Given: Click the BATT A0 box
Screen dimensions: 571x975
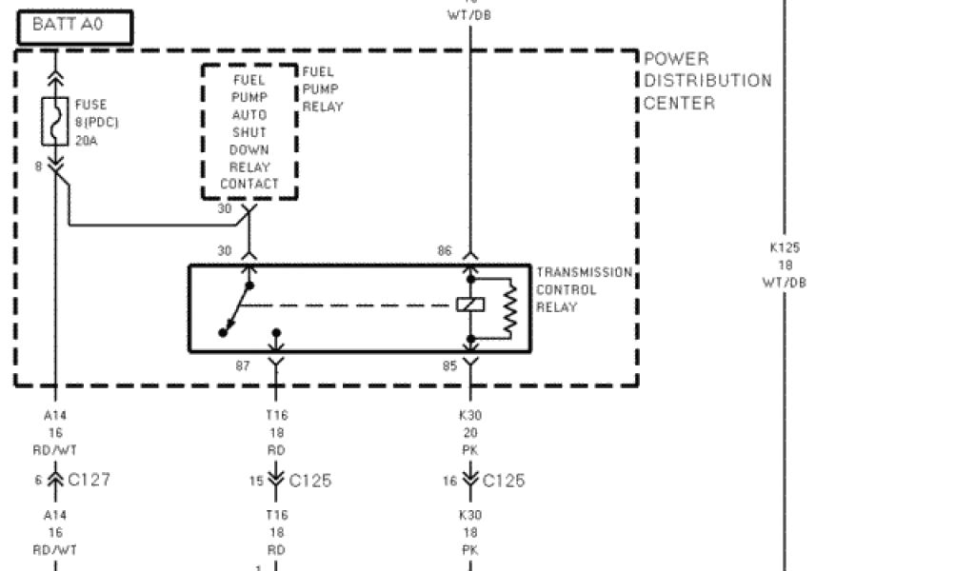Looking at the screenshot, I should point(74,27).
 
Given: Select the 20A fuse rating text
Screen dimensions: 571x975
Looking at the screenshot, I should point(87,141).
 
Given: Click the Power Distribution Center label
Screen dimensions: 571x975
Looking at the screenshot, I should point(706,81).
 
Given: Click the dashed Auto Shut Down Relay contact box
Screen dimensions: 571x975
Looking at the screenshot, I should point(249,131).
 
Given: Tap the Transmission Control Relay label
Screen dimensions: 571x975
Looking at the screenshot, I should point(583,289).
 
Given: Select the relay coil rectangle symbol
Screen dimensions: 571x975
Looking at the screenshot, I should point(469,305).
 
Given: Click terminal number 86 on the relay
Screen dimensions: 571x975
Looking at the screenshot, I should point(445,251).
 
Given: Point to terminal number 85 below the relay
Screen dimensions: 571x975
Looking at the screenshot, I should point(445,364).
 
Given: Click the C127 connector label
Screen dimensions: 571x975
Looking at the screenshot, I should point(89,480).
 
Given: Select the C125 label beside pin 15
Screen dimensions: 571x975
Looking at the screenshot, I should point(309,481).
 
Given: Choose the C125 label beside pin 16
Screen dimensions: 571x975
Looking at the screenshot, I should point(503,481).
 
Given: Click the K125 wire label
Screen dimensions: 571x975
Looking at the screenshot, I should point(785,247).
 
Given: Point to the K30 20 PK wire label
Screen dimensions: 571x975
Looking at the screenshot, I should point(470,432).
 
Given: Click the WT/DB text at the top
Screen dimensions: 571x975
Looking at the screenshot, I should point(469,15).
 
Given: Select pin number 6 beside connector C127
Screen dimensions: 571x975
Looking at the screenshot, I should point(39,481).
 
